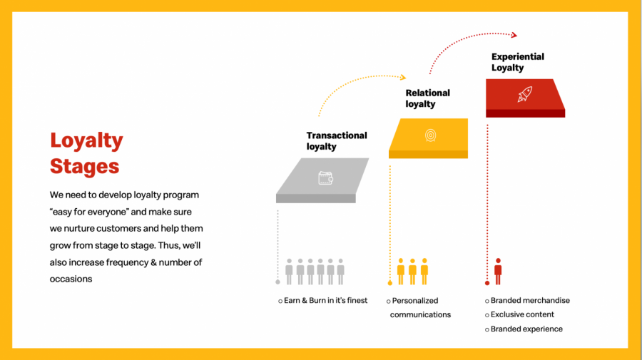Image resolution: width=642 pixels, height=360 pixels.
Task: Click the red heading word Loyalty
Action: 86,140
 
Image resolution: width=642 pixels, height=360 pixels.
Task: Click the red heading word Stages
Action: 84,166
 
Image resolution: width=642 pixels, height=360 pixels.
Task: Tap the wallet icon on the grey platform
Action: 325,178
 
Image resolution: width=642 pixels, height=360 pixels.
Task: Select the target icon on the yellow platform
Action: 430,135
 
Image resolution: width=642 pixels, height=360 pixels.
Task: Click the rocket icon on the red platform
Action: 524,93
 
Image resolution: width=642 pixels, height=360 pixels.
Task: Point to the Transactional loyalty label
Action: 336,140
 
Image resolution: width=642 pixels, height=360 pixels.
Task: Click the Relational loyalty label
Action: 427,98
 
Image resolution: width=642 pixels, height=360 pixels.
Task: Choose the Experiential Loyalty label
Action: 517,62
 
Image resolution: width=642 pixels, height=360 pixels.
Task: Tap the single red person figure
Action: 498,271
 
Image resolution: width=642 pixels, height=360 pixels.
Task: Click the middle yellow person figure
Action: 412,271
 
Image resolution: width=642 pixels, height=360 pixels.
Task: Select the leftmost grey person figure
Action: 289,271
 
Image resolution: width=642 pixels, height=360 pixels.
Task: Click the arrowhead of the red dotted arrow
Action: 514,34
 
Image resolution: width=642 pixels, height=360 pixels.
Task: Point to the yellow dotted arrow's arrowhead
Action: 402,77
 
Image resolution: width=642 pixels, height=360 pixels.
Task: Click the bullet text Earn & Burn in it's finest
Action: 325,301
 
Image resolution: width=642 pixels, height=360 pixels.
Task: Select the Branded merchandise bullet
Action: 530,301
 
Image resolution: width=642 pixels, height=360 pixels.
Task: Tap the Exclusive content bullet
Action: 522,314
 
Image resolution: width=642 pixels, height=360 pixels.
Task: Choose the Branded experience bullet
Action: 526,329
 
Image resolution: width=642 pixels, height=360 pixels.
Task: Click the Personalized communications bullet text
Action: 420,307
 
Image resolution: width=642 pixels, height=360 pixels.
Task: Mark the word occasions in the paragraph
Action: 71,279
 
